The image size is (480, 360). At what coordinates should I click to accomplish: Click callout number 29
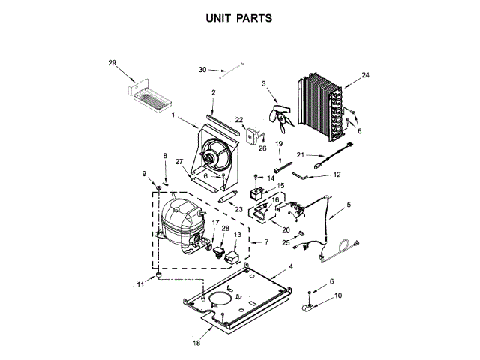[112, 63]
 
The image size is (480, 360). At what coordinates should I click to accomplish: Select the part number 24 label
[366, 75]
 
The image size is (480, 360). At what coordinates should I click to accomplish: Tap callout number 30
[202, 70]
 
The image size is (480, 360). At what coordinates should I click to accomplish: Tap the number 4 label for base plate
[291, 267]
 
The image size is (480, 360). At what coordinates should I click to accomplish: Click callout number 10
[337, 295]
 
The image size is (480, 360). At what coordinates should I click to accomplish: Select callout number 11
[139, 285]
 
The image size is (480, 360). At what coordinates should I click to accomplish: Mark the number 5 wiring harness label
[348, 204]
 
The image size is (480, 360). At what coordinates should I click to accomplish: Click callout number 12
[337, 175]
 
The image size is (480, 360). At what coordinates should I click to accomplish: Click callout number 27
[179, 161]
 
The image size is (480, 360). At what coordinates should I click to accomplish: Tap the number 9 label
[145, 174]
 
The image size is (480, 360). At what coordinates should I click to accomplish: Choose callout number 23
[238, 209]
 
